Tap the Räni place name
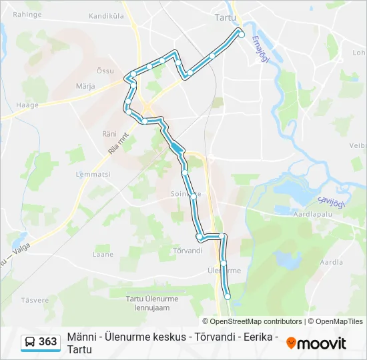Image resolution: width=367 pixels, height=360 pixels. [109, 133]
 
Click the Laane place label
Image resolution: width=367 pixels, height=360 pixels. [103, 254]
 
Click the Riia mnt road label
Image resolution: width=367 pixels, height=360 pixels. [118, 143]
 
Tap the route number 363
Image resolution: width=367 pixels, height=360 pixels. [48, 342]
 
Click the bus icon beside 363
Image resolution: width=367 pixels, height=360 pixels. [30, 342]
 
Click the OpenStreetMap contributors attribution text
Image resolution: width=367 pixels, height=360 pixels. [252, 321]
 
